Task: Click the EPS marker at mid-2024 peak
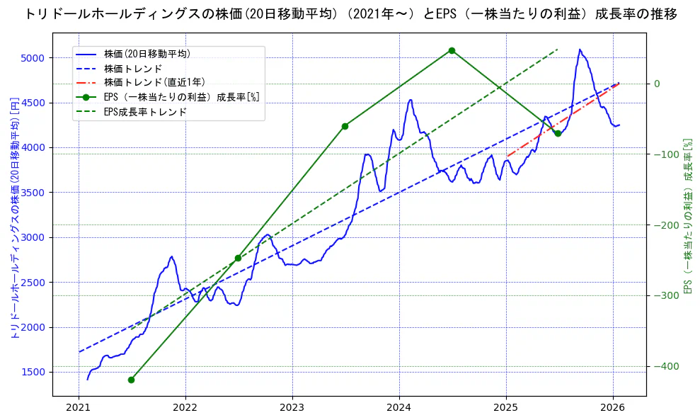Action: [x=452, y=51]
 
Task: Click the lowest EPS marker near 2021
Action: [x=131, y=380]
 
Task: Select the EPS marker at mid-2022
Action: [x=238, y=258]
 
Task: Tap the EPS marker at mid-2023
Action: [x=345, y=126]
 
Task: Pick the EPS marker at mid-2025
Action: [x=558, y=133]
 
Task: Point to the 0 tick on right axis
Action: [x=657, y=84]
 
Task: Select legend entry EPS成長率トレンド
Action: [x=145, y=112]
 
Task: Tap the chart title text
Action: [x=350, y=13]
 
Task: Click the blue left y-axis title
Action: [x=14, y=218]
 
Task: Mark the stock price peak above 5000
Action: [x=580, y=50]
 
